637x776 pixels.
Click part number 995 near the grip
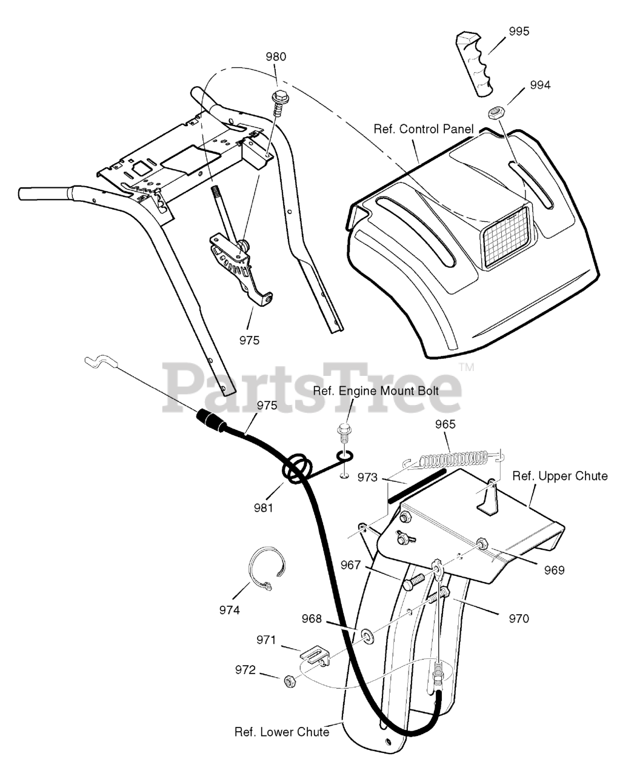click(518, 32)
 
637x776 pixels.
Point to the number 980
click(276, 57)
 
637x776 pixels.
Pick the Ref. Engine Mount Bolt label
click(376, 391)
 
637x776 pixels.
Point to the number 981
click(262, 507)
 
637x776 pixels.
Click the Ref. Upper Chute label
click(559, 476)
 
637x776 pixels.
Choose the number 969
click(553, 570)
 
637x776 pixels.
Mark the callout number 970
click(518, 618)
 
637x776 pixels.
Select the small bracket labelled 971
click(314, 656)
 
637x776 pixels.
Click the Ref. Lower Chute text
click(281, 732)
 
